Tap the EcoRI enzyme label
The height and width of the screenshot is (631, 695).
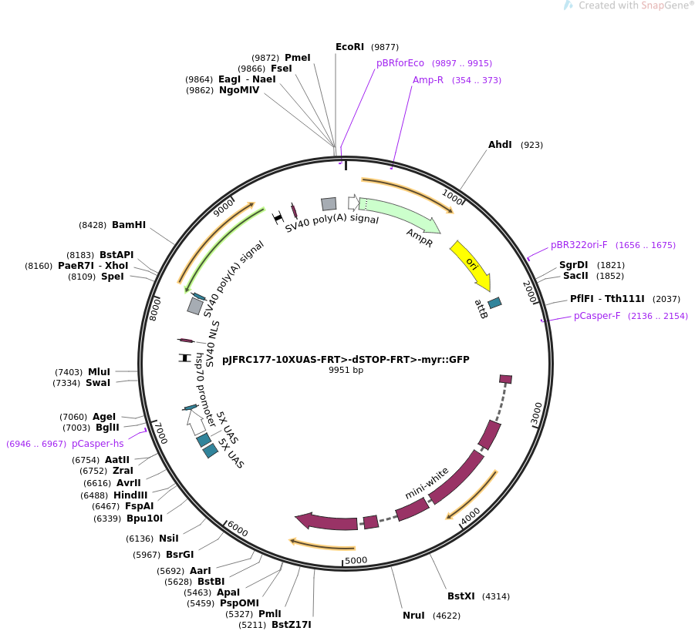349,47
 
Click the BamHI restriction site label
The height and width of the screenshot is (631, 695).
129,225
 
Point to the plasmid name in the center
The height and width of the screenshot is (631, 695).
346,359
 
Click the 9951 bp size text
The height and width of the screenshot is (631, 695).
346,371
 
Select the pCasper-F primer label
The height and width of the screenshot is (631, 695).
597,316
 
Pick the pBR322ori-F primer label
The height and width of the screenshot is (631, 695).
579,245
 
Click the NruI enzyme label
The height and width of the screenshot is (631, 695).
413,616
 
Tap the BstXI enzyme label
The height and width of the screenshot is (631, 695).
461,596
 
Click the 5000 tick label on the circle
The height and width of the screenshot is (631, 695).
356,560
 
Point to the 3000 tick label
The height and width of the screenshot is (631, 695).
537,413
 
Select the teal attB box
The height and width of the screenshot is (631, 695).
494,303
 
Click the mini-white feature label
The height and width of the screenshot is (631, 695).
427,483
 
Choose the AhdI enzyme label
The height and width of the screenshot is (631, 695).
500,145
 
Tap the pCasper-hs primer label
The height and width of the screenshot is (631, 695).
97,444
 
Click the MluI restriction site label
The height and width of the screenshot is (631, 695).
99,372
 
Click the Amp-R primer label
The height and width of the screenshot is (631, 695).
428,80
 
